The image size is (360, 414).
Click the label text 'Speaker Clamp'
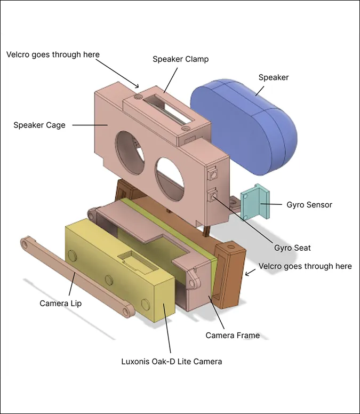point(180,59)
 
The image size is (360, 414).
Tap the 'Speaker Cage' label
point(39,125)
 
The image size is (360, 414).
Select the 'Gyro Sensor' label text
point(309,205)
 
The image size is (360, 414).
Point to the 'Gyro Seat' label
point(292,248)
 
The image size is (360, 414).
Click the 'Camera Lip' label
point(61,304)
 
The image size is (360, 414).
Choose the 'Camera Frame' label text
point(233,336)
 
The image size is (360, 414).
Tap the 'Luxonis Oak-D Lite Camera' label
point(171,362)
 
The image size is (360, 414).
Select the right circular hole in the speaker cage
point(170,176)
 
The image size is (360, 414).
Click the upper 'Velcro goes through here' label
point(53,54)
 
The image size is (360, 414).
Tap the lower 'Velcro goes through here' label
point(305,266)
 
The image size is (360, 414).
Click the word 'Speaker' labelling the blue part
point(274,77)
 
